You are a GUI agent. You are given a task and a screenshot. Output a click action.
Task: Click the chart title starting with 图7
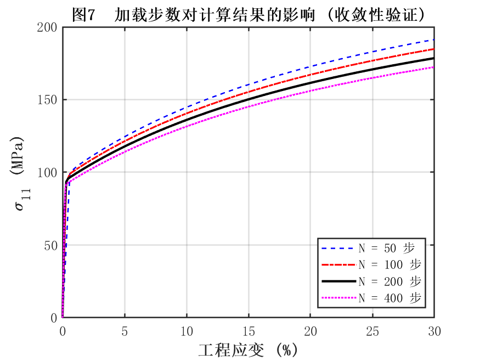point(249,15)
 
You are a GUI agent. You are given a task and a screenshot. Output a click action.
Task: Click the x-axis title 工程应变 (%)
point(247,350)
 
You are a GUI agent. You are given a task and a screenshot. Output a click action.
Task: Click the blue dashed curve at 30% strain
point(433,40)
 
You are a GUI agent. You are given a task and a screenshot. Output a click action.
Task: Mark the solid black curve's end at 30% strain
point(433,58)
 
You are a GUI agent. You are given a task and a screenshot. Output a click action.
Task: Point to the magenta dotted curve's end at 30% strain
point(433,67)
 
